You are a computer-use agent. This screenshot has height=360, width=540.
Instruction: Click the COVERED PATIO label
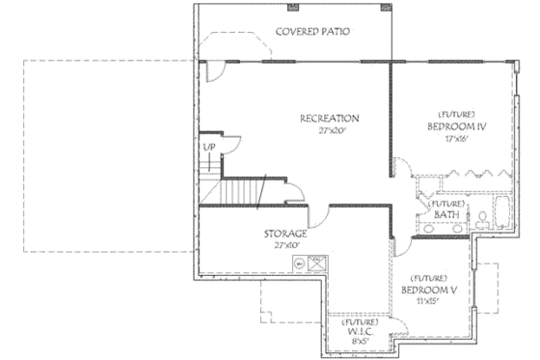(311, 31)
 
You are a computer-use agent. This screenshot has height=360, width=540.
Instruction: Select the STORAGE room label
(285, 234)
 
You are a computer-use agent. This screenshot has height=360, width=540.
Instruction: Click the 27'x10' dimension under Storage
(285, 245)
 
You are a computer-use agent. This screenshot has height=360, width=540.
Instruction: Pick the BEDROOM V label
(428, 290)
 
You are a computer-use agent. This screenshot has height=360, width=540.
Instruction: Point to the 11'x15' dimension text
(427, 301)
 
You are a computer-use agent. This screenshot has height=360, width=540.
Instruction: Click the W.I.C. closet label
(360, 330)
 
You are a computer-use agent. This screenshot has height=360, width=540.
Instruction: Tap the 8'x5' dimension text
(360, 341)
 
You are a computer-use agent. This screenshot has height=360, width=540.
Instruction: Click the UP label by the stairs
(208, 147)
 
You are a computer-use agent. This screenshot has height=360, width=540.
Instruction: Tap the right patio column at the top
(387, 9)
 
